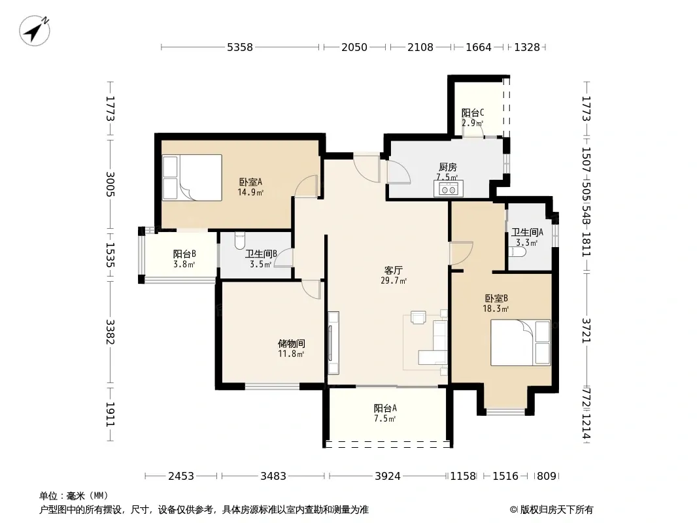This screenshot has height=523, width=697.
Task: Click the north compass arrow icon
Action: (x=35, y=31)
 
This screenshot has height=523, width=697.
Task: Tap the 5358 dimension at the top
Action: (x=239, y=47)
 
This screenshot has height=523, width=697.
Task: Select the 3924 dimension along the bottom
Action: (x=388, y=476)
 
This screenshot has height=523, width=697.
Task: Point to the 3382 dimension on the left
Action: (x=110, y=332)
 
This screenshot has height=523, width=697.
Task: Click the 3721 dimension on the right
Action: (x=586, y=331)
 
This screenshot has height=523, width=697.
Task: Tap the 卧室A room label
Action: (x=250, y=182)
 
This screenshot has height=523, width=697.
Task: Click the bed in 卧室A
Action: (x=192, y=177)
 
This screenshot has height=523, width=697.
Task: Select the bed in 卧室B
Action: (x=520, y=343)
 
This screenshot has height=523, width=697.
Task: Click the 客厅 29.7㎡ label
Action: (x=394, y=275)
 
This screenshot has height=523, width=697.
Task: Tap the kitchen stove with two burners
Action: (x=449, y=188)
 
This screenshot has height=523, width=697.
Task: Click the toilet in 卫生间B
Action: (x=239, y=241)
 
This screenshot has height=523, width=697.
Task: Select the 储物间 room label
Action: (x=291, y=343)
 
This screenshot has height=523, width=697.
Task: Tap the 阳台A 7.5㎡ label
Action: (x=385, y=413)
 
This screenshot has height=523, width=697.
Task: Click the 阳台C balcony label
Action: (x=473, y=113)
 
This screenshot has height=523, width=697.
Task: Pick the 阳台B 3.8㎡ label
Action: (x=184, y=259)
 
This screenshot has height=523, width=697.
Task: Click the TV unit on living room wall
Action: (x=333, y=343)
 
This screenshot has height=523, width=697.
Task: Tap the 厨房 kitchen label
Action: (x=448, y=167)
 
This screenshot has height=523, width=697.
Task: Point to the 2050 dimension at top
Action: (x=354, y=47)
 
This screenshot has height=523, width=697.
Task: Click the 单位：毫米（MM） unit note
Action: (x=74, y=496)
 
